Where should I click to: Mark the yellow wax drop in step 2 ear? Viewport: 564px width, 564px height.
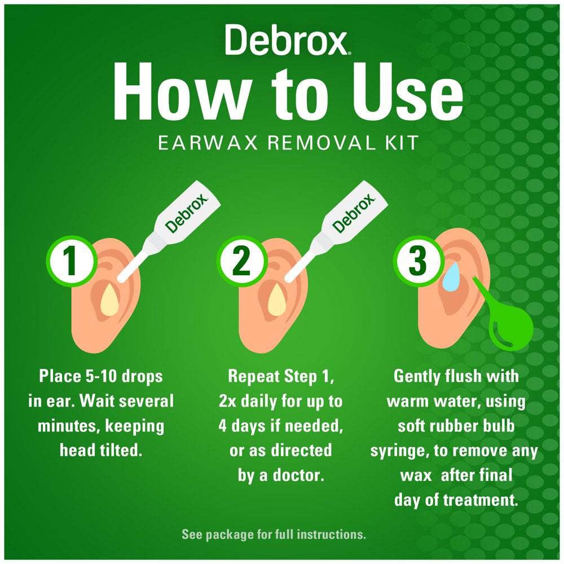276,298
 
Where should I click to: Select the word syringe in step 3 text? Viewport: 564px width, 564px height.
397,451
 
